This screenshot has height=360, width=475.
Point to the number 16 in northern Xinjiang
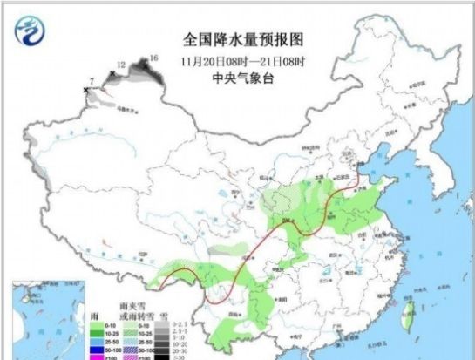[x=154, y=58]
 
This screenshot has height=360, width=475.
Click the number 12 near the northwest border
[x=121, y=65]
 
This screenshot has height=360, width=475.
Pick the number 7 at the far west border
[x=92, y=81]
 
